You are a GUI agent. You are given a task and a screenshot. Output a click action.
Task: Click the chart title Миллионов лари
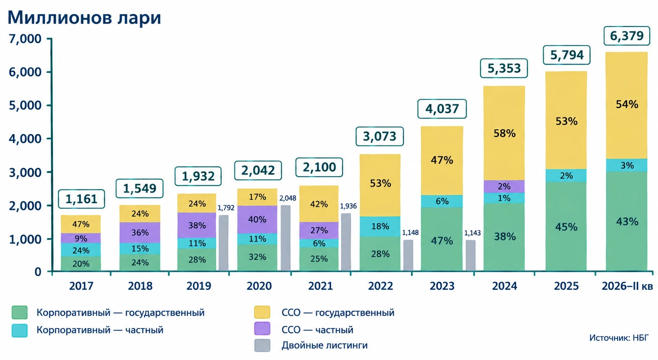click(x=84, y=17)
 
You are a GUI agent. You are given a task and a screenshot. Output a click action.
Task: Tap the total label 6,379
click(x=627, y=36)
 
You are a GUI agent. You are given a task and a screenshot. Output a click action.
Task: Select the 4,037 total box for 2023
click(x=442, y=109)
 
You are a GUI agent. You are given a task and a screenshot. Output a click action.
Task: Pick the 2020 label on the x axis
click(x=259, y=286)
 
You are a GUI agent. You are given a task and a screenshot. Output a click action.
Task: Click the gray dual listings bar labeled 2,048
click(x=286, y=238)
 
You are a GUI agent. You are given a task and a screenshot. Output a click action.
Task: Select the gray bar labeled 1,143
click(x=470, y=255)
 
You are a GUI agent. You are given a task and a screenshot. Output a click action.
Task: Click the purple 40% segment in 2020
click(x=257, y=219)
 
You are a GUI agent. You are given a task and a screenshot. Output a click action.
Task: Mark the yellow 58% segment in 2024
click(x=504, y=133)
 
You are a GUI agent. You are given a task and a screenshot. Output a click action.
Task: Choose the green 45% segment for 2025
click(x=566, y=227)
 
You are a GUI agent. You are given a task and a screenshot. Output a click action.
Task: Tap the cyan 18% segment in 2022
click(x=380, y=227)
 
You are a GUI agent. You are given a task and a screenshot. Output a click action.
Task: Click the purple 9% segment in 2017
click(x=81, y=238)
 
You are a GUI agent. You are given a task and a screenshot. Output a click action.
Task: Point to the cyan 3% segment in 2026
click(x=627, y=165)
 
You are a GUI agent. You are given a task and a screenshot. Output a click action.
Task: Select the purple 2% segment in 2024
click(x=504, y=187)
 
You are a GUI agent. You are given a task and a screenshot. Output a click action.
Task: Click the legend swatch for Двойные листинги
click(x=262, y=345)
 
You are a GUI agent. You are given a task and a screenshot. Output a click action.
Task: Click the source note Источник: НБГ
click(x=619, y=337)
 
